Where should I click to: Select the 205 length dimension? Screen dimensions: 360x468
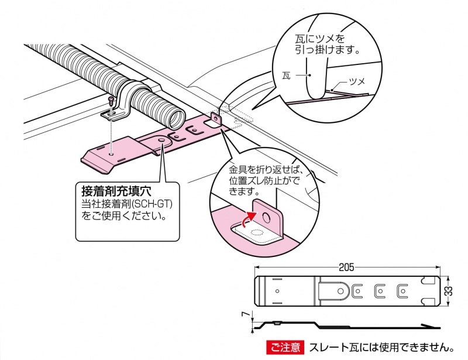[346, 268]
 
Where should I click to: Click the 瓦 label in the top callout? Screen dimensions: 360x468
[285, 76]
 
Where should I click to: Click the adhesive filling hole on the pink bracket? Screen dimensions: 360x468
[161, 141]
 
